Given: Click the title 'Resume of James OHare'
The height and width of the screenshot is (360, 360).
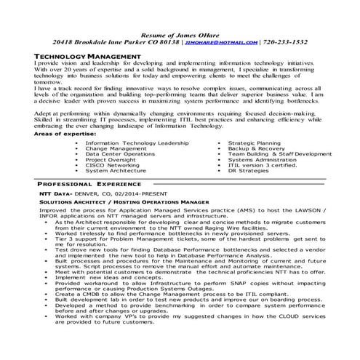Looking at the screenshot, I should (x=180, y=33).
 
